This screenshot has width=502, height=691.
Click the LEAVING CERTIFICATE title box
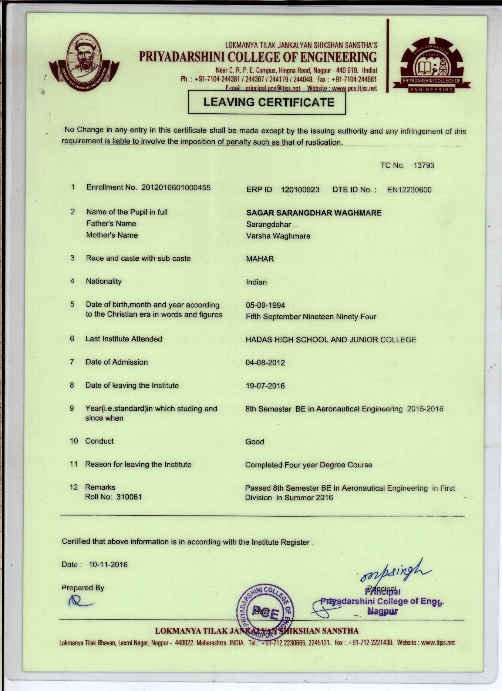[x=267, y=102]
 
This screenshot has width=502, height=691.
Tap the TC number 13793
[x=424, y=166]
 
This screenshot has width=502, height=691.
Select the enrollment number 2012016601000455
[x=176, y=187]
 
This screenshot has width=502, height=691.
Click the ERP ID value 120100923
[x=300, y=190]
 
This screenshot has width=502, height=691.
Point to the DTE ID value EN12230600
[x=409, y=190]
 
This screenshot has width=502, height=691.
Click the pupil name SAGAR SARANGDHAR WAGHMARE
[x=314, y=213]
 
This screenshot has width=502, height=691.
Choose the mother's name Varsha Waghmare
[x=278, y=236]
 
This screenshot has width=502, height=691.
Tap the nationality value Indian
[x=256, y=282]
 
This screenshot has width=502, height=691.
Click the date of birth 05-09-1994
[x=265, y=306]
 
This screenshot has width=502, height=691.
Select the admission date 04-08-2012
[x=265, y=363]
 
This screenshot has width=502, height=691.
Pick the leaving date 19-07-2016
[x=265, y=386]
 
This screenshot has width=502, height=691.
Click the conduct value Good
[x=255, y=442]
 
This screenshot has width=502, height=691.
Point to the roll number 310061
[x=129, y=497]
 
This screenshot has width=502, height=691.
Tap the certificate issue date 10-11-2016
[x=108, y=565]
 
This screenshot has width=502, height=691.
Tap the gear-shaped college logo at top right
[x=432, y=65]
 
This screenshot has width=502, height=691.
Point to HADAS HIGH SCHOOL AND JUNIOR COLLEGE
[x=331, y=340]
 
